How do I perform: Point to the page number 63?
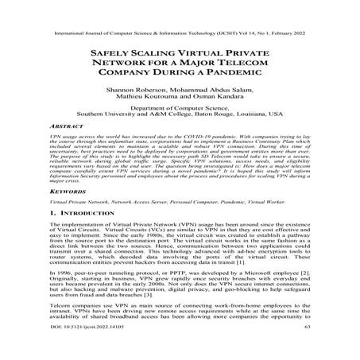pos(306,351)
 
